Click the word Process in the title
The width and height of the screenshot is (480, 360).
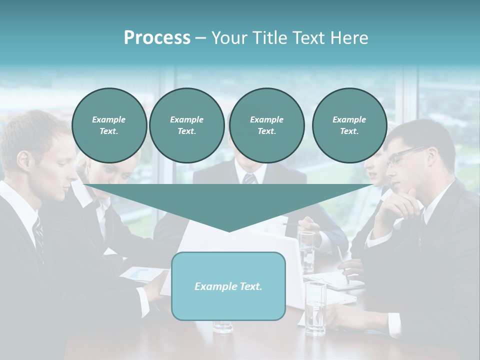(x=157, y=38)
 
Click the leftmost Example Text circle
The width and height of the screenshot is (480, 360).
(x=109, y=125)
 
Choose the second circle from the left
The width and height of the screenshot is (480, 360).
(x=186, y=125)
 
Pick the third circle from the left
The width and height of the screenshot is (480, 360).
(x=266, y=125)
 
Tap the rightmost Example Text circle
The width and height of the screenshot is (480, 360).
(x=349, y=125)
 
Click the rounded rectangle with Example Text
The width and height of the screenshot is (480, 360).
(x=228, y=286)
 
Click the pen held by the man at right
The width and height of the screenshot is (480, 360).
(x=342, y=260)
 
